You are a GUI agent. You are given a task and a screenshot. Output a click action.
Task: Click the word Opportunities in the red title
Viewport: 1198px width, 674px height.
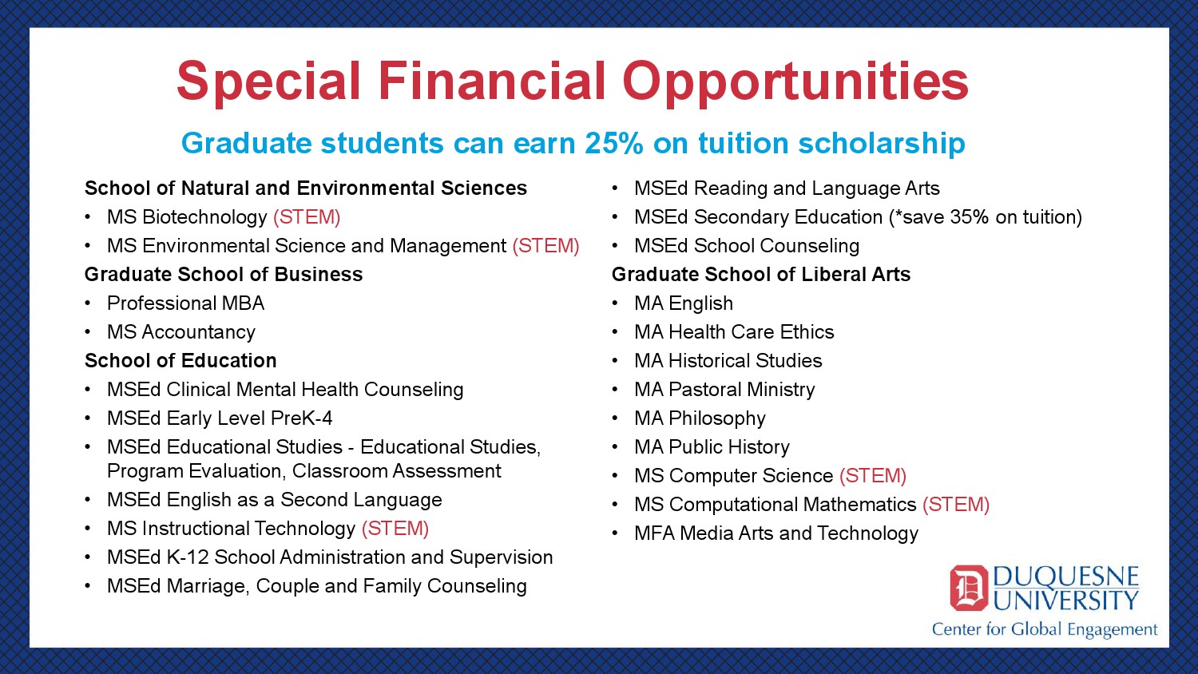(x=795, y=82)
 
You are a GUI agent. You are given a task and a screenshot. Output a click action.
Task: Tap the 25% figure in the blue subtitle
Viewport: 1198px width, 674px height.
(x=614, y=143)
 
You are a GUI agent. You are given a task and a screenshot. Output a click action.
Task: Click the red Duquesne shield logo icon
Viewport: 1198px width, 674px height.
(x=969, y=588)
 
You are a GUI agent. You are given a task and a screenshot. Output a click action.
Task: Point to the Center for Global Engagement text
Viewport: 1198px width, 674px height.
(x=1045, y=630)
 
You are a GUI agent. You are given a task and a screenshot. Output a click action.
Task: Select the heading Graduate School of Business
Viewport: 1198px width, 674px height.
(x=224, y=275)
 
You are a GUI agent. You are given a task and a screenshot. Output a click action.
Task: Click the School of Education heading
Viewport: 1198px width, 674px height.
(x=180, y=360)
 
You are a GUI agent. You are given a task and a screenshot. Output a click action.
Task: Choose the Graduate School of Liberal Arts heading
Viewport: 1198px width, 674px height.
(x=761, y=275)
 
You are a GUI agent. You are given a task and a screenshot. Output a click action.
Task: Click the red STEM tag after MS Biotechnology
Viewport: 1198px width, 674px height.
(x=307, y=217)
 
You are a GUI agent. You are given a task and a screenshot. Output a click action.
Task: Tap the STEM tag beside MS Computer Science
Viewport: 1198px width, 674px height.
(x=873, y=476)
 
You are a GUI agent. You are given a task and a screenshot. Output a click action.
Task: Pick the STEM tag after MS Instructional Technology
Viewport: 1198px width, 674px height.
(x=395, y=529)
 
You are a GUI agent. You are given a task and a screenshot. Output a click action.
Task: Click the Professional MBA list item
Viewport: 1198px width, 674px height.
(x=185, y=303)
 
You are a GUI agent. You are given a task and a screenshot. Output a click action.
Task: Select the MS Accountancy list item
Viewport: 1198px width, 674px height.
(x=181, y=332)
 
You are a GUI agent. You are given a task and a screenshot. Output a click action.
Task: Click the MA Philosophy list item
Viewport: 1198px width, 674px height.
(x=700, y=418)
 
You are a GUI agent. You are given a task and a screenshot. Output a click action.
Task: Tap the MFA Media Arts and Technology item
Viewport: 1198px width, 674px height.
(x=776, y=533)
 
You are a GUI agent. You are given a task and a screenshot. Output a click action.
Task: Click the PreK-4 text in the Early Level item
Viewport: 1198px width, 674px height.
(x=302, y=418)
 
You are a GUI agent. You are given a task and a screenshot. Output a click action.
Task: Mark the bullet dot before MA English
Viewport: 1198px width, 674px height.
(x=616, y=303)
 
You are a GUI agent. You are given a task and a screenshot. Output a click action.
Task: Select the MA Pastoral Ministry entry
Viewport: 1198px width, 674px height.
(x=724, y=390)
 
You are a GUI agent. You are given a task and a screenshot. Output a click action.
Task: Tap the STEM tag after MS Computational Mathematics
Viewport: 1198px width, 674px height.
(x=956, y=505)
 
